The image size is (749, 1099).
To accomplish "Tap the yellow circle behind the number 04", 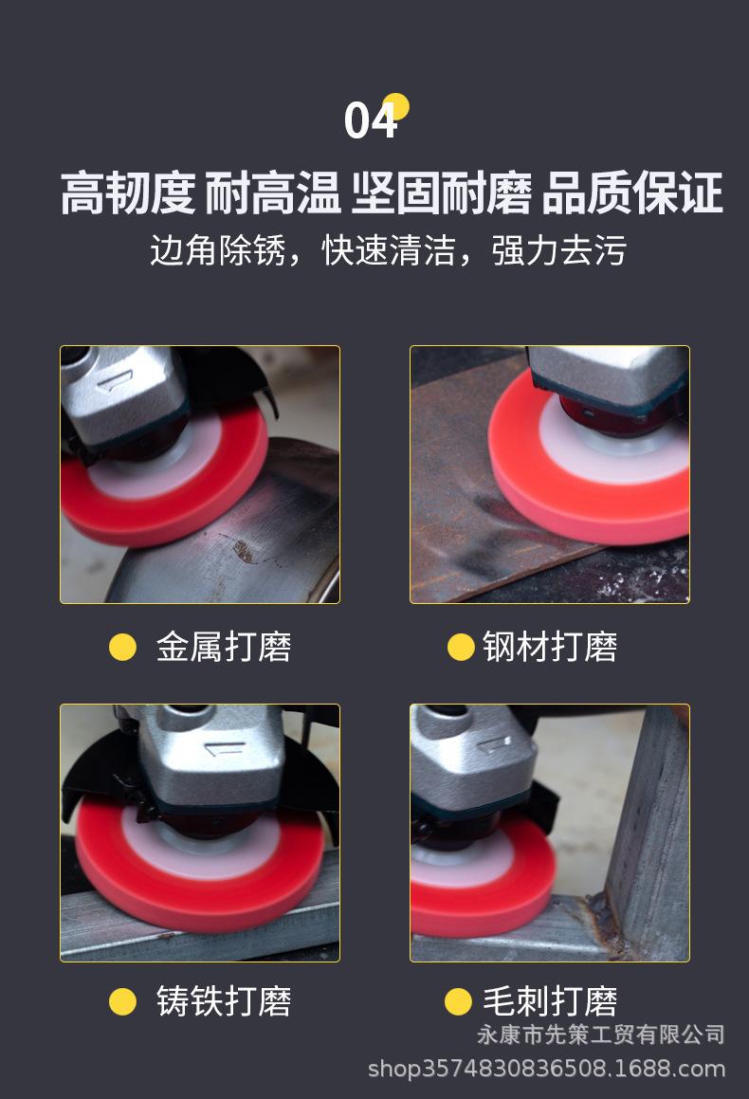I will tap(396, 106).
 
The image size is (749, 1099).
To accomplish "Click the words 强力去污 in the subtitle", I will tap(559, 250).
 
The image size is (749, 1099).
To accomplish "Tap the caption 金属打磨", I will tap(223, 647).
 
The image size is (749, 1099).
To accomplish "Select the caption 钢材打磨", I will tap(550, 647).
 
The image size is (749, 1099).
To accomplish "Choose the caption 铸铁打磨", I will tap(223, 1001).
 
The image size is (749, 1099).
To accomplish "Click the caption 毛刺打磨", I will tap(550, 1001).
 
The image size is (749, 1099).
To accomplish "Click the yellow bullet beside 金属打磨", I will tap(122, 647).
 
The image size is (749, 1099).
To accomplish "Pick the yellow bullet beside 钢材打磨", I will tap(461, 647).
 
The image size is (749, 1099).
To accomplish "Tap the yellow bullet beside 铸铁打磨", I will tap(122, 1001).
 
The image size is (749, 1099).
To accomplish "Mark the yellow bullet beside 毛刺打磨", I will tap(458, 1001).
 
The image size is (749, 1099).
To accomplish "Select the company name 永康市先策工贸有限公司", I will tap(600, 1034).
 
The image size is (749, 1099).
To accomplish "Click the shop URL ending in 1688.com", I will tap(546, 1070).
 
